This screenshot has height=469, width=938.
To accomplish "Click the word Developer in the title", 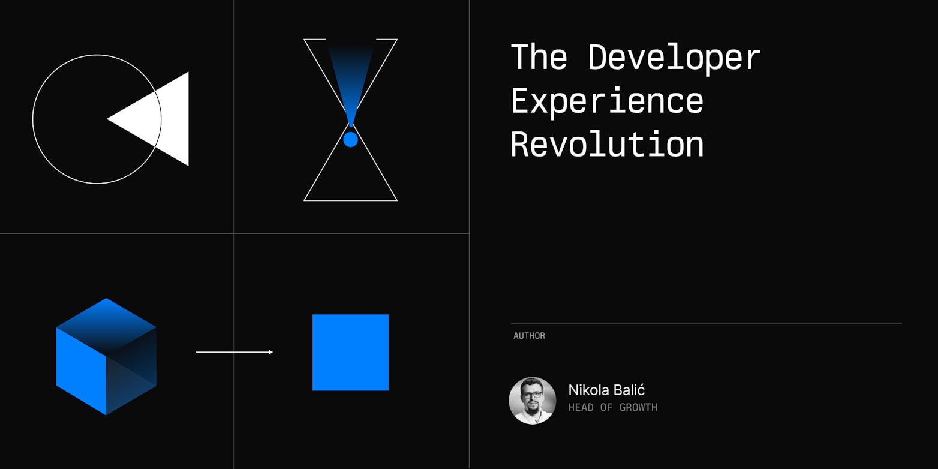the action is point(674,58).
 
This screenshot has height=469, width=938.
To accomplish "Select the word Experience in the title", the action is point(607,102).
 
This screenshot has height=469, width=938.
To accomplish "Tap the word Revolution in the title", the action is point(607,143).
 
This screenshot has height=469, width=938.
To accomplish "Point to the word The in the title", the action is point(539,56).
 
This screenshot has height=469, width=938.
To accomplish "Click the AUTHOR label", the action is point(530,336).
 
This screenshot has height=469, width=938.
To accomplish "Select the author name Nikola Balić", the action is point(606,390).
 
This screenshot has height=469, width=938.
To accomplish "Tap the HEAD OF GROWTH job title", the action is point(612,407).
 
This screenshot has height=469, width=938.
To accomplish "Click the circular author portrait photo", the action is point(532,401).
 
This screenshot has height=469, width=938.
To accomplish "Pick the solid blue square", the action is point(350,352).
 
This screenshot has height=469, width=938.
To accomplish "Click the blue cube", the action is point(106,357).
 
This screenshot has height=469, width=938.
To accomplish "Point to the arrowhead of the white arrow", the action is point(271,352).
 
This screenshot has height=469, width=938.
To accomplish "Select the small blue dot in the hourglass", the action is point(350,140).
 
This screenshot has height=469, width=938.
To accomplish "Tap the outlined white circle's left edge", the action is point(32,119).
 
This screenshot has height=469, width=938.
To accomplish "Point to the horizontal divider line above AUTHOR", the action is point(706,324).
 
